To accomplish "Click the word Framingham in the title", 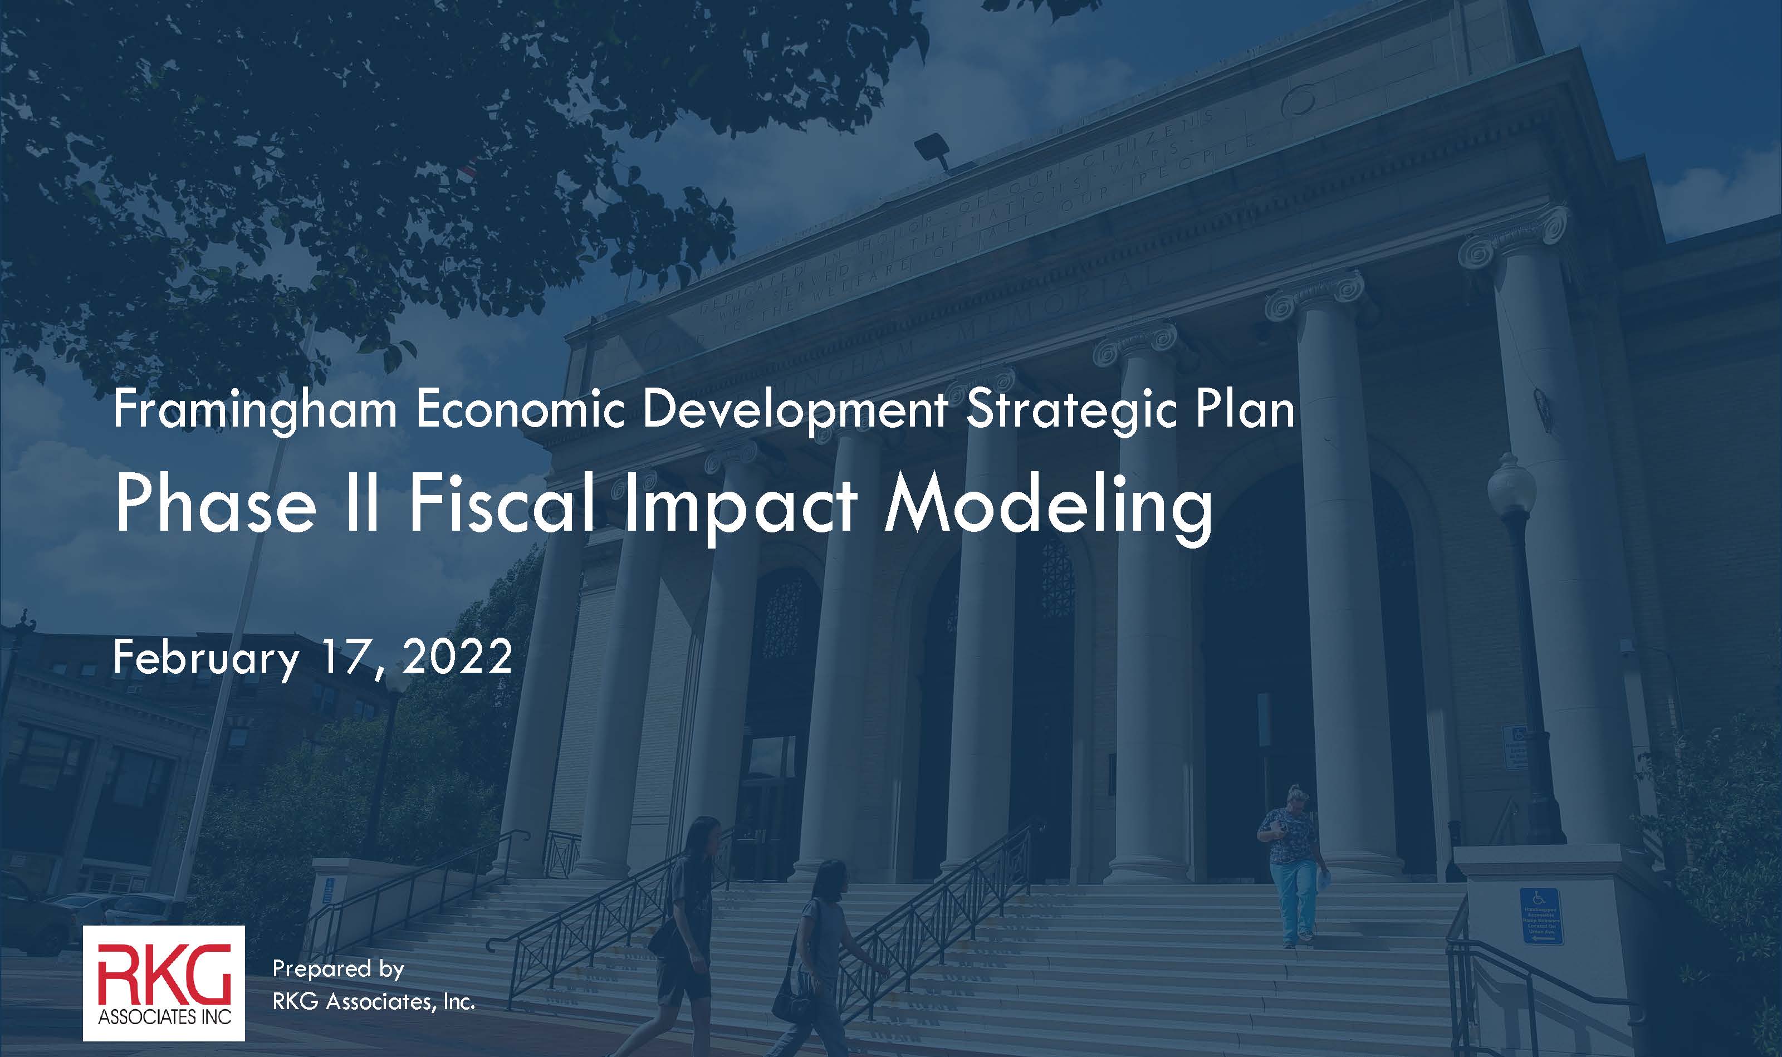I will click(x=254, y=411).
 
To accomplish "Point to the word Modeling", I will click(x=1047, y=506).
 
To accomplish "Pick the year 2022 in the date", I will click(x=457, y=657).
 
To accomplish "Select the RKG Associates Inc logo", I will click(x=164, y=983).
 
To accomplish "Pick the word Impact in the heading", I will click(x=741, y=506).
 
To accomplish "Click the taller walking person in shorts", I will click(x=684, y=933).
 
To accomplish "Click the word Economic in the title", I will click(x=520, y=411).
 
